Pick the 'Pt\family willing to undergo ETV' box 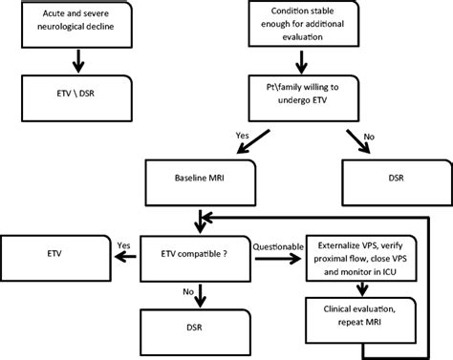click(303, 93)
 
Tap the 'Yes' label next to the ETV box click(125, 244)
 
